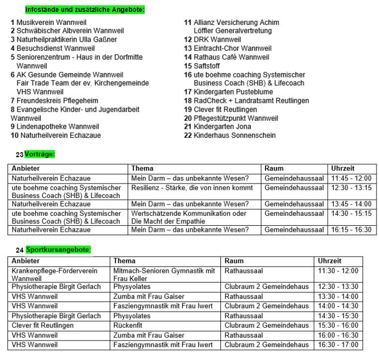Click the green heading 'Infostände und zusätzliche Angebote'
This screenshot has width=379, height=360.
click(x=85, y=9)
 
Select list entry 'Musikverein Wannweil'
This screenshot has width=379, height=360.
click(x=48, y=22)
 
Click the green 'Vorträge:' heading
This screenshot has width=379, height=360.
click(x=40, y=154)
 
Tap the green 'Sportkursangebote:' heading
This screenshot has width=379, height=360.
click(x=59, y=250)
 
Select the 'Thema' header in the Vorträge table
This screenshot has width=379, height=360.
click(x=142, y=169)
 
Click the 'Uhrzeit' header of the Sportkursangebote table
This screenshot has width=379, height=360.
click(x=329, y=261)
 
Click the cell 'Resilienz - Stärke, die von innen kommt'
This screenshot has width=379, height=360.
click(x=192, y=188)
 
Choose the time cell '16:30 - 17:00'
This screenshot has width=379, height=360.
click(x=338, y=345)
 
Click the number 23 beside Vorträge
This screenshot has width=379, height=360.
click(x=19, y=155)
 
